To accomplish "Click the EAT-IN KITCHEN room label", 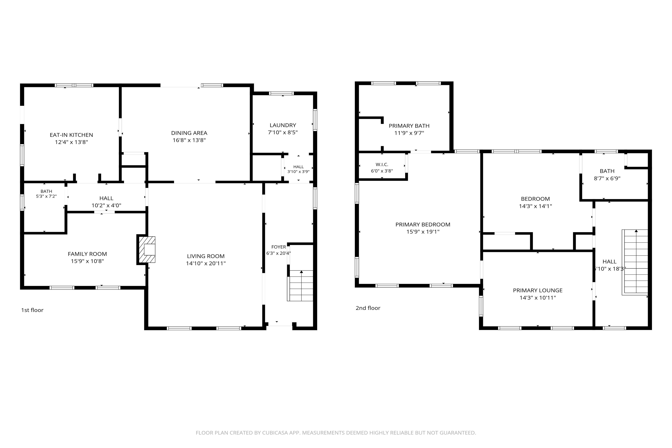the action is [x=71, y=135].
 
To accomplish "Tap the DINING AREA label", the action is [x=189, y=133].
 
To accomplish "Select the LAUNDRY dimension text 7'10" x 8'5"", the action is [x=283, y=132].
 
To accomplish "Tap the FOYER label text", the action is [x=279, y=247].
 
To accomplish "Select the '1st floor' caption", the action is [x=32, y=310].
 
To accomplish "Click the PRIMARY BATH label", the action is [x=409, y=126].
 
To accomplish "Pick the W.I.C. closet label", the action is [x=382, y=165].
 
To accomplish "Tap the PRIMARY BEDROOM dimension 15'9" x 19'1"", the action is [x=423, y=232].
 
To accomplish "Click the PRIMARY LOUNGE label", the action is [x=538, y=290].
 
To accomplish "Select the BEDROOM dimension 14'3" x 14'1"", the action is [x=535, y=206].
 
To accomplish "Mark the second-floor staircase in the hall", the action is [x=635, y=262].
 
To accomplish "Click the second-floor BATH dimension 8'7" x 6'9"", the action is [x=607, y=178].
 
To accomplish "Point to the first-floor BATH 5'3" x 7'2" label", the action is [x=46, y=194].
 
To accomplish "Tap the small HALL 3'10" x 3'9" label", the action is [x=298, y=169].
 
